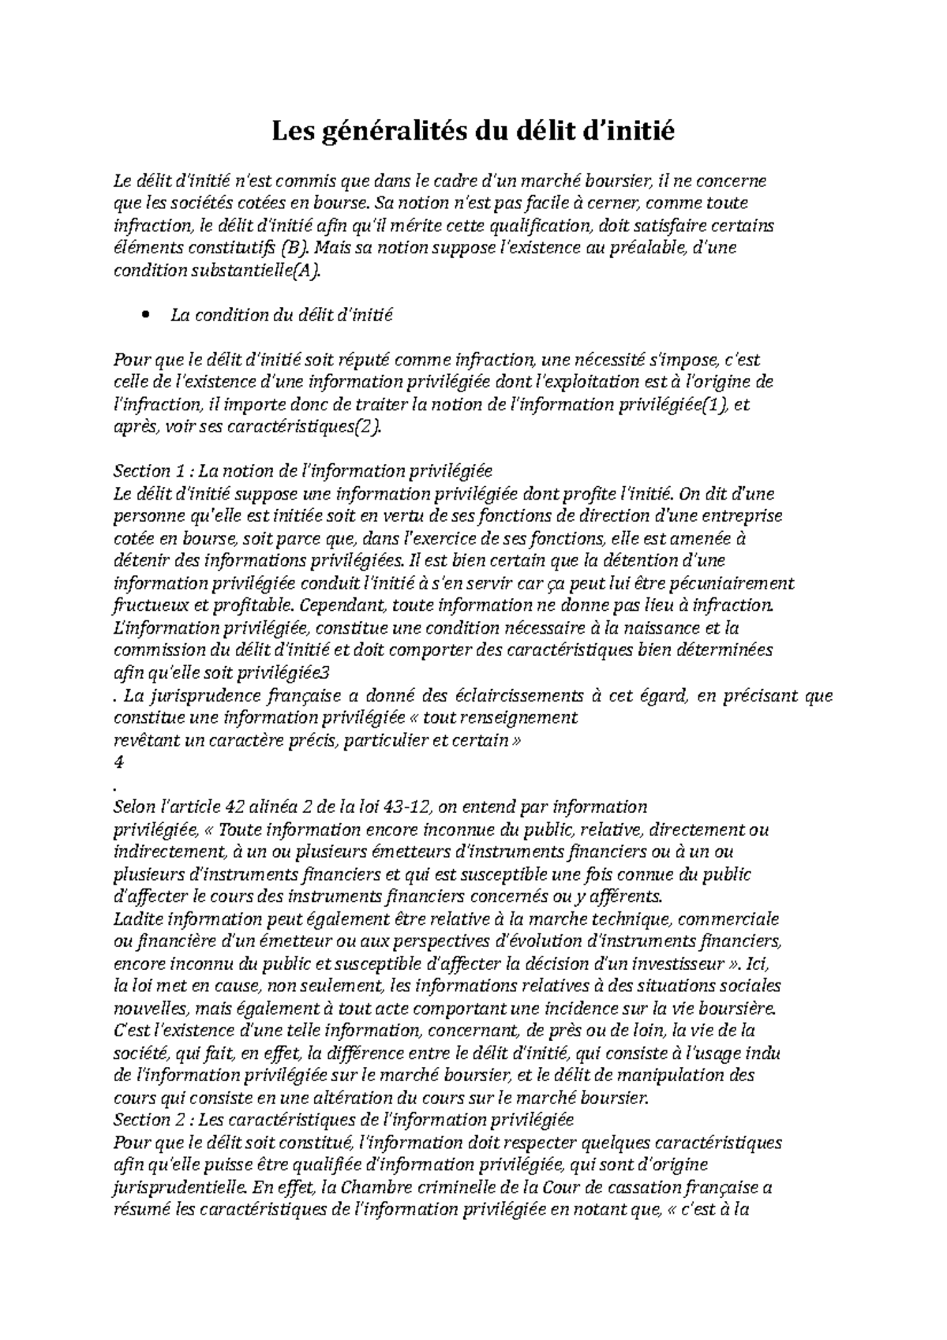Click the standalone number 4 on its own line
click(x=119, y=762)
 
